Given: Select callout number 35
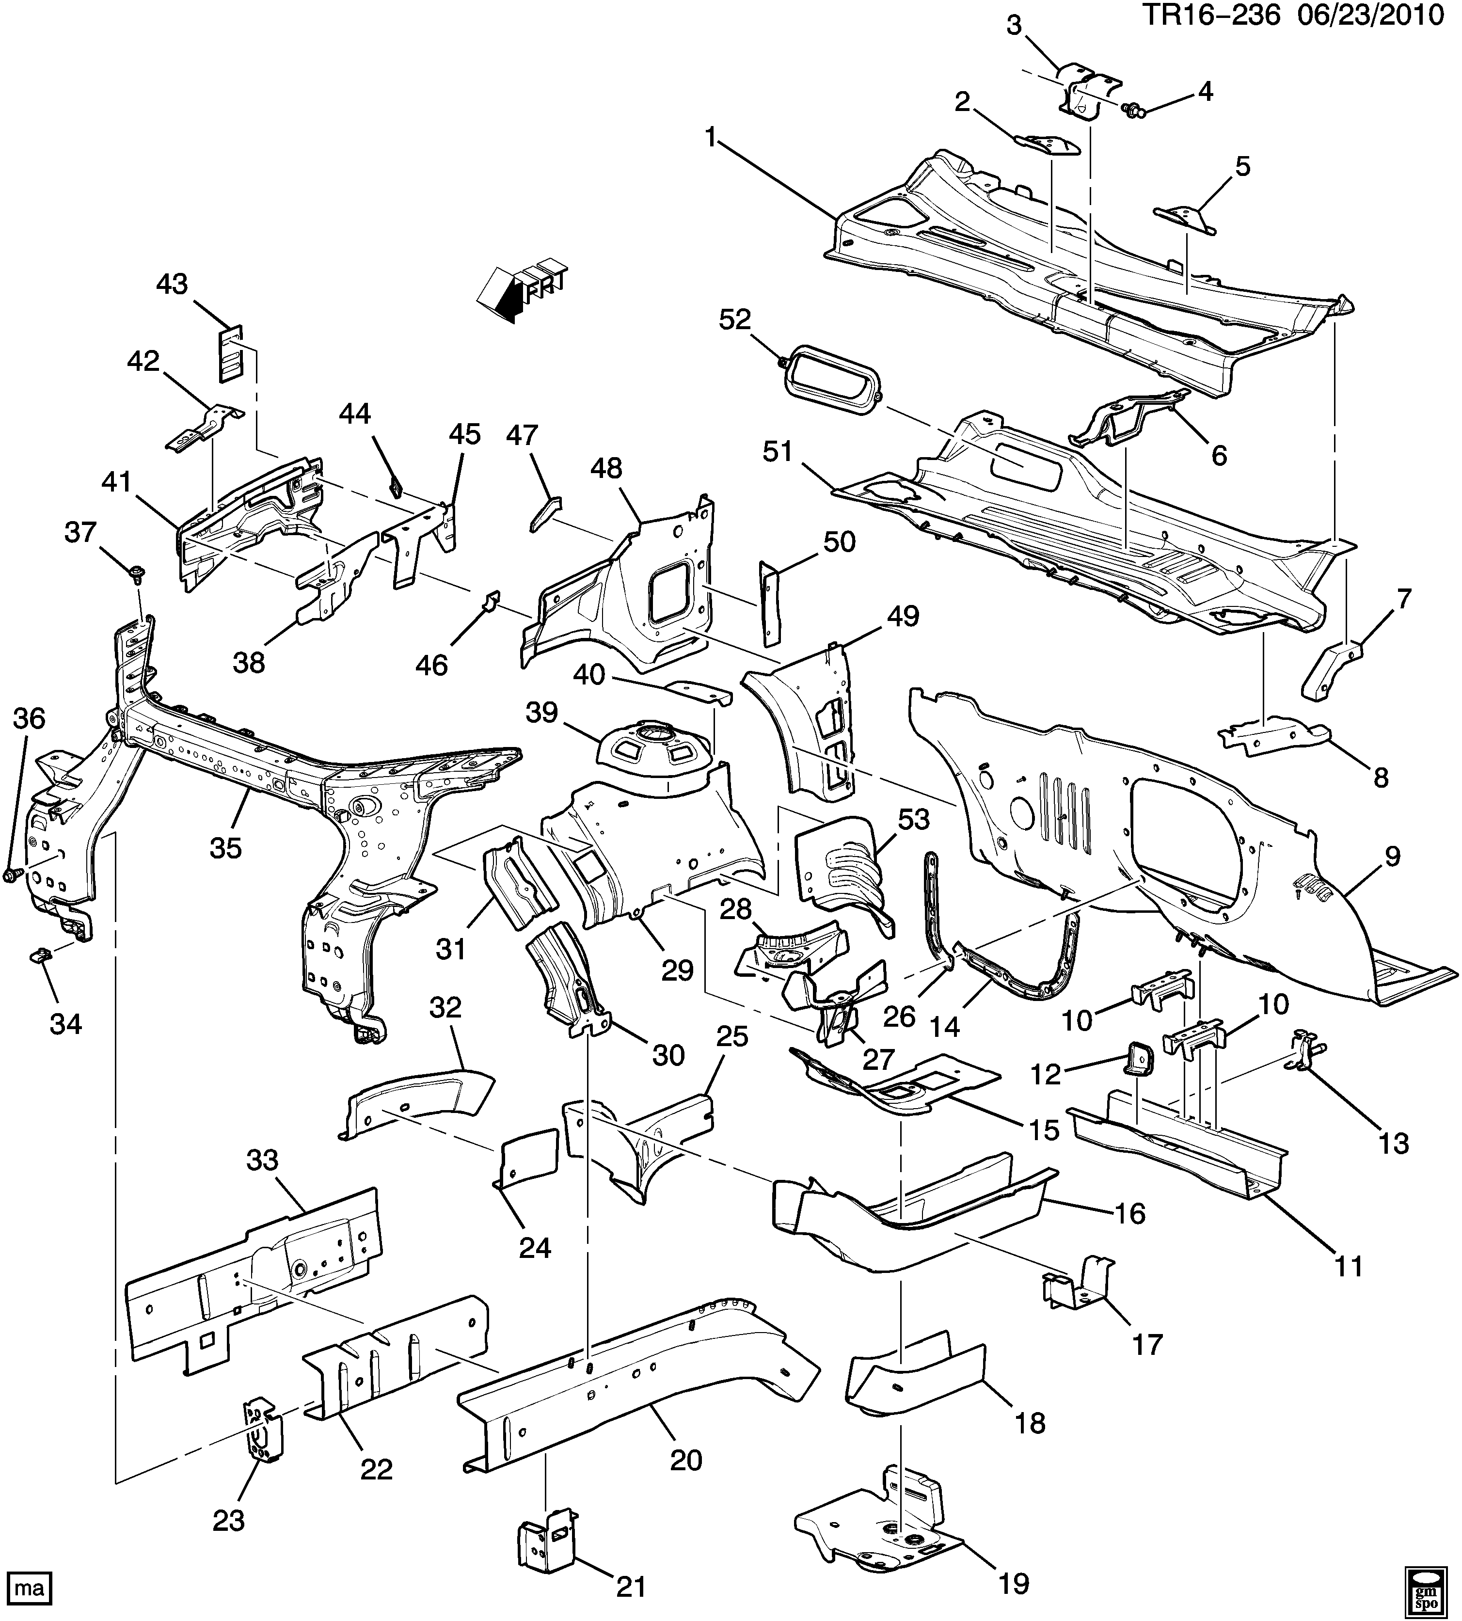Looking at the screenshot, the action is (226, 847).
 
